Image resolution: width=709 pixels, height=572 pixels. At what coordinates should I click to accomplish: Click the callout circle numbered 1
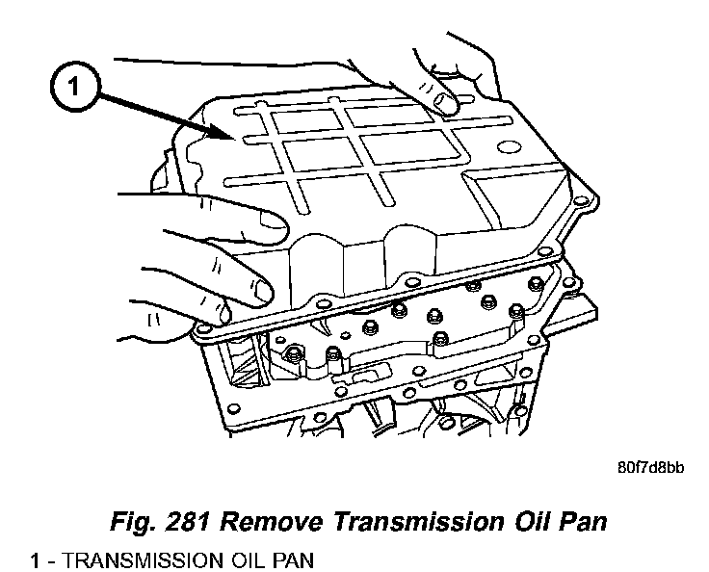[x=74, y=88]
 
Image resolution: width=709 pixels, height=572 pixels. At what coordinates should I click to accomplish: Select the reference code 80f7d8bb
[x=650, y=470]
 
